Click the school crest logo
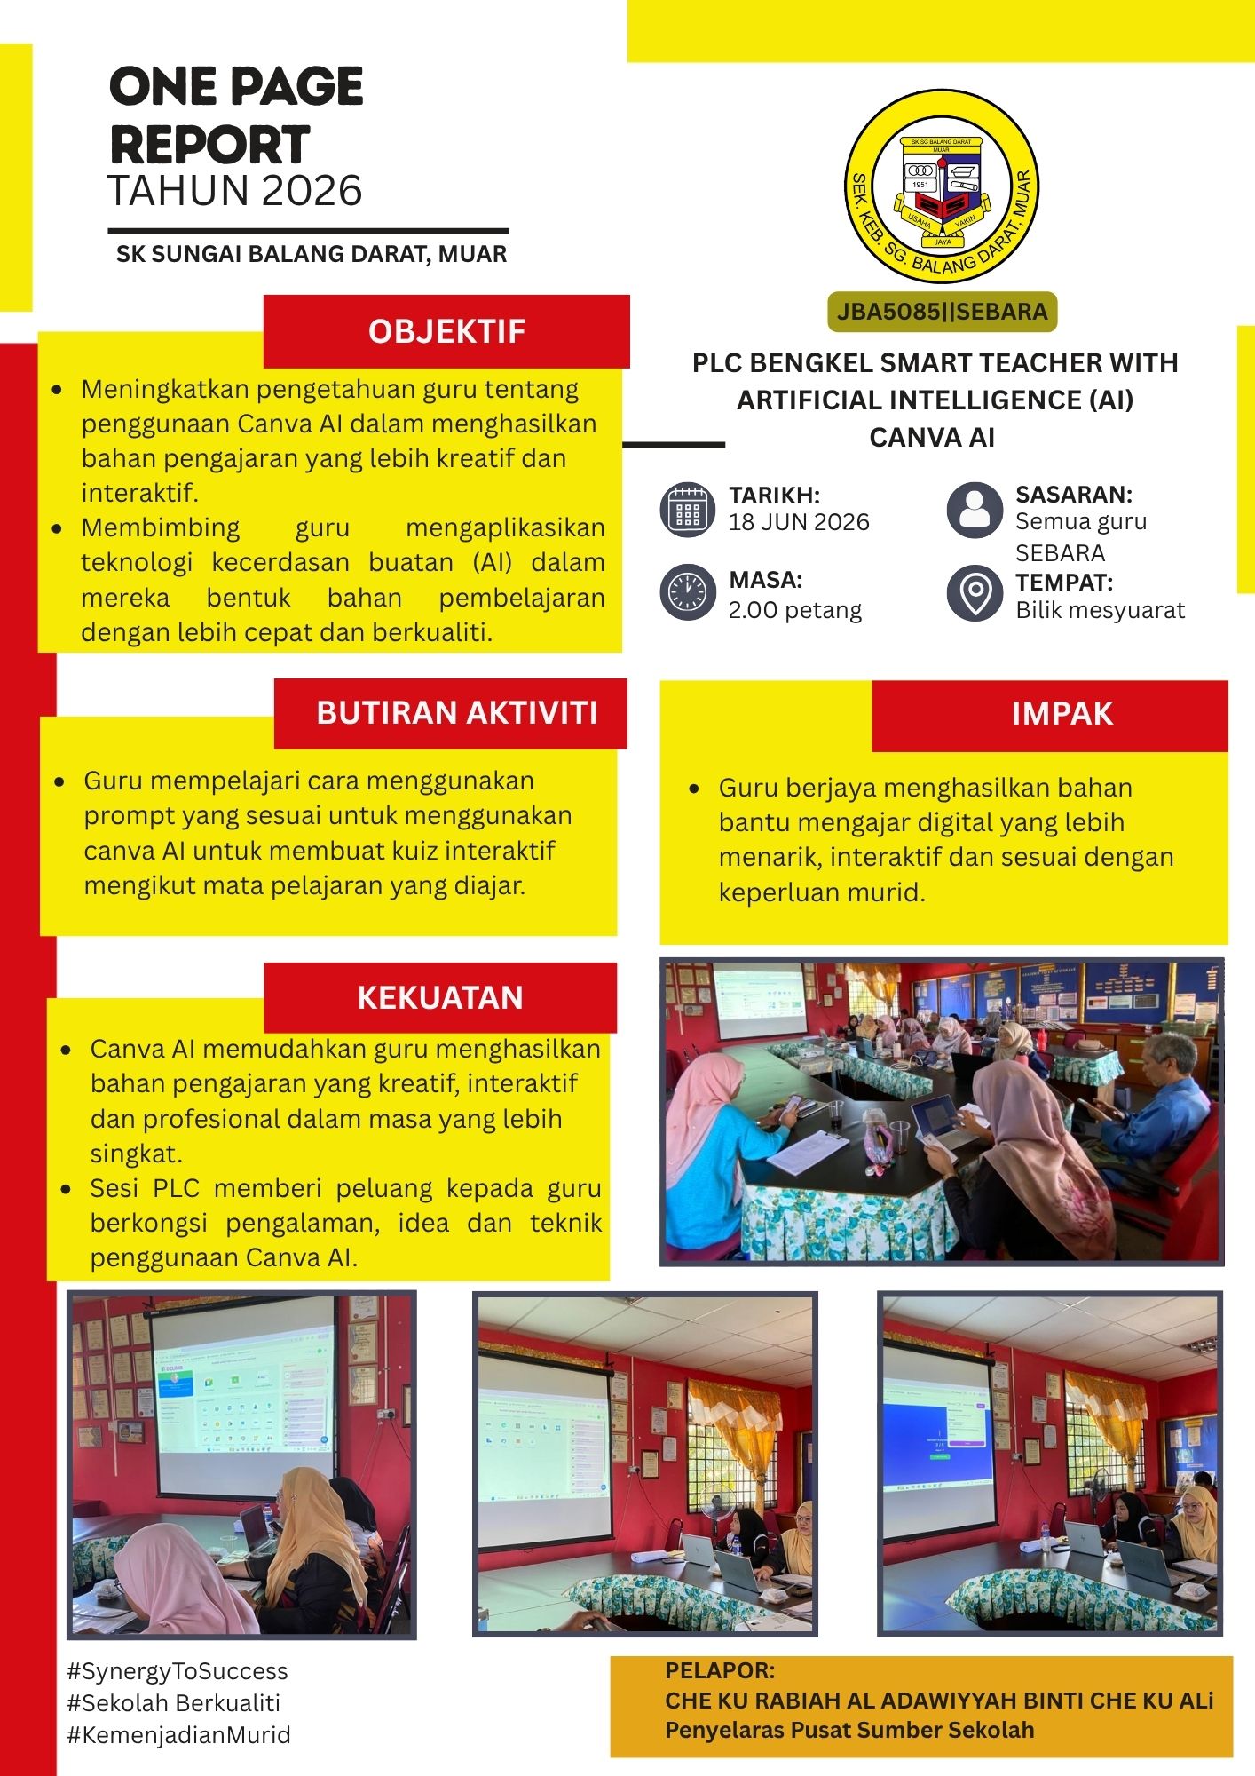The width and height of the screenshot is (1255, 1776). tap(942, 186)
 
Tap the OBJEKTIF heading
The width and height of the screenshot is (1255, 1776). tap(447, 331)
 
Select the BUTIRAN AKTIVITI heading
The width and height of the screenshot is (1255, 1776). tap(457, 713)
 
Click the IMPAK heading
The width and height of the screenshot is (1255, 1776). tap(1062, 714)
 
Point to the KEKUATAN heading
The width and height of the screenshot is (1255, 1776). tap(440, 997)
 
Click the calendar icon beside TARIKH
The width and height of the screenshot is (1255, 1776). tap(688, 510)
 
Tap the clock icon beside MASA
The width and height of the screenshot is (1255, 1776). tap(688, 592)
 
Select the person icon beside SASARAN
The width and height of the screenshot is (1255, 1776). tap(975, 511)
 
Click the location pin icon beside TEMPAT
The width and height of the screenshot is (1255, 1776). tap(975, 593)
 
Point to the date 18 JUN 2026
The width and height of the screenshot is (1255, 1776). tap(799, 522)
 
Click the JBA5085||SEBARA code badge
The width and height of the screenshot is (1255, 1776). tap(942, 312)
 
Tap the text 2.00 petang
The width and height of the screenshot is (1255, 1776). tap(795, 610)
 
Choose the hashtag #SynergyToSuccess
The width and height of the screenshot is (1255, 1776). tap(178, 1672)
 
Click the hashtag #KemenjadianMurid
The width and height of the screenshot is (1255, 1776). tap(178, 1735)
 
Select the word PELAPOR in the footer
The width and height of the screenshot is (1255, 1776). tap(720, 1670)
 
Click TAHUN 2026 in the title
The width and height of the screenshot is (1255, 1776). tap(235, 191)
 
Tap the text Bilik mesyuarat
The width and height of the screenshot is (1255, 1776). tap(1100, 611)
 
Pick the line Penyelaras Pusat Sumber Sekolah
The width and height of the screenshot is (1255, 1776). tap(849, 1730)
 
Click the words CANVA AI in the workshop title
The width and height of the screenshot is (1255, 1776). tap(932, 438)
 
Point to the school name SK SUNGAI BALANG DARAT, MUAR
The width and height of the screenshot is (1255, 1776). tap(312, 254)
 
